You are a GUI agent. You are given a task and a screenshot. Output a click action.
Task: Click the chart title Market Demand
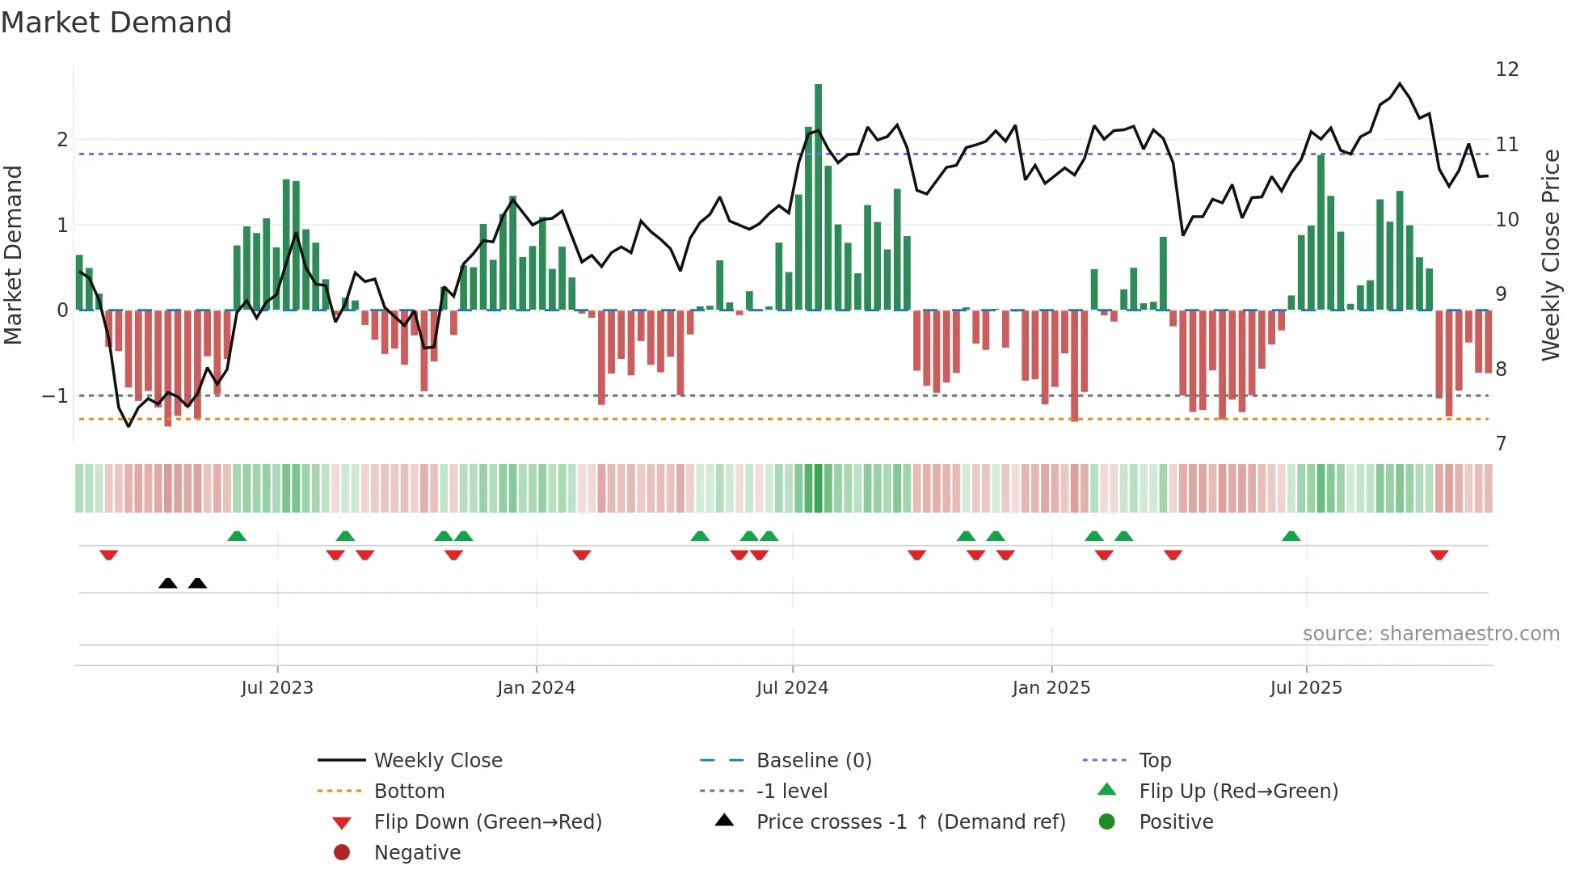[116, 23]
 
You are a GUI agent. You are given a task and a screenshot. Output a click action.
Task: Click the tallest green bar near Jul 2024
[818, 194]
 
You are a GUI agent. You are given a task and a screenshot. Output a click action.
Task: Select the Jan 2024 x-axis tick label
[536, 688]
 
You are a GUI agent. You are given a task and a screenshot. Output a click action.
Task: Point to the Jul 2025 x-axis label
[1305, 688]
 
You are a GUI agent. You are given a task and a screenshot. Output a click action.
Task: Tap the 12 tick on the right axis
[1506, 70]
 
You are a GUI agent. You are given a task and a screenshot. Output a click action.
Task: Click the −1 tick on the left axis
[55, 396]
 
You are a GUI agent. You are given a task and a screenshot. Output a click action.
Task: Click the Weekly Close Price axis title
[1550, 255]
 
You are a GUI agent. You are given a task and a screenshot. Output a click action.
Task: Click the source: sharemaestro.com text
[1430, 634]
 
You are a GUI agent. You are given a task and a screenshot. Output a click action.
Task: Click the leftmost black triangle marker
[168, 583]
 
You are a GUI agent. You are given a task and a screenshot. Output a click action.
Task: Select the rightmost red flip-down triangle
[1439, 555]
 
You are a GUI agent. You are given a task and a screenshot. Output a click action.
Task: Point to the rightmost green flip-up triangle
[1291, 536]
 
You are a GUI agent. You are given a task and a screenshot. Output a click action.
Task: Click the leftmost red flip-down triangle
[109, 555]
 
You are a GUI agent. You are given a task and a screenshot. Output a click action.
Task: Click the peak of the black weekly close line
[1400, 84]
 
